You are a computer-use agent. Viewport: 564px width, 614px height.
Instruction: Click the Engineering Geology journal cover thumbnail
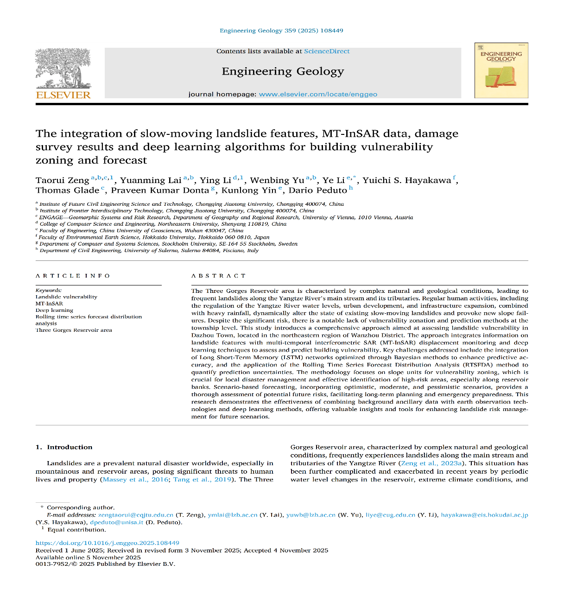click(501, 70)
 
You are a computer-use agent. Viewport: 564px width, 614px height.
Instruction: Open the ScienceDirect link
click(327, 51)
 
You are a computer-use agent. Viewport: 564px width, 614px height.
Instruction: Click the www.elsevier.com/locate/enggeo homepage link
click(318, 94)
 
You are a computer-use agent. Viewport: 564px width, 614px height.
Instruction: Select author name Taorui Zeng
click(62, 180)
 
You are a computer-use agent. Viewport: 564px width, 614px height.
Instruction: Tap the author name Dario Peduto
click(317, 190)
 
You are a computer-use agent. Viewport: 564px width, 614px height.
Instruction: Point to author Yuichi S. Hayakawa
click(406, 180)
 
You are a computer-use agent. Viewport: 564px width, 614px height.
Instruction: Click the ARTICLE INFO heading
click(73, 276)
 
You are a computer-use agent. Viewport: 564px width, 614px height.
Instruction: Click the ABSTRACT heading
click(218, 276)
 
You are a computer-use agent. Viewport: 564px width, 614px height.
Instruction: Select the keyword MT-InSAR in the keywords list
click(49, 304)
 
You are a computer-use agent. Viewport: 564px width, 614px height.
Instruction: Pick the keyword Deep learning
click(54, 310)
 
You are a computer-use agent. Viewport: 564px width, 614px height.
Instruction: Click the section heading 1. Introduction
click(64, 447)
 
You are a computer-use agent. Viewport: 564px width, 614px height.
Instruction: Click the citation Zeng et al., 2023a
click(431, 463)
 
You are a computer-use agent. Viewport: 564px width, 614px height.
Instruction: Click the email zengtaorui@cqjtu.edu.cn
click(136, 515)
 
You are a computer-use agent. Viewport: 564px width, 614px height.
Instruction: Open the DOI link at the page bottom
click(108, 543)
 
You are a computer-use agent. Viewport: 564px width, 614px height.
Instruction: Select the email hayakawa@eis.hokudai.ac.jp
click(484, 515)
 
